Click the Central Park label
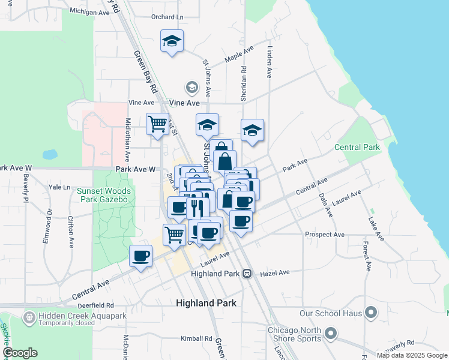(357, 147)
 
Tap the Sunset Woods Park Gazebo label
(103, 195)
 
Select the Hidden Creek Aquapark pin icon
(28, 316)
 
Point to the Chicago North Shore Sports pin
(330, 332)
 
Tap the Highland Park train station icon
(247, 274)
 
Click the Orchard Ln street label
(167, 17)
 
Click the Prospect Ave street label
(325, 234)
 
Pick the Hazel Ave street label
(276, 272)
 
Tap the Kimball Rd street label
(197, 338)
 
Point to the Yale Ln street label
(59, 187)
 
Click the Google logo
(20, 353)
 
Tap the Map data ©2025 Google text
(411, 355)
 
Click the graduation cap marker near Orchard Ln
(172, 41)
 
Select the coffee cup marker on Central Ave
(141, 256)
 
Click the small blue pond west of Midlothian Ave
(50, 154)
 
